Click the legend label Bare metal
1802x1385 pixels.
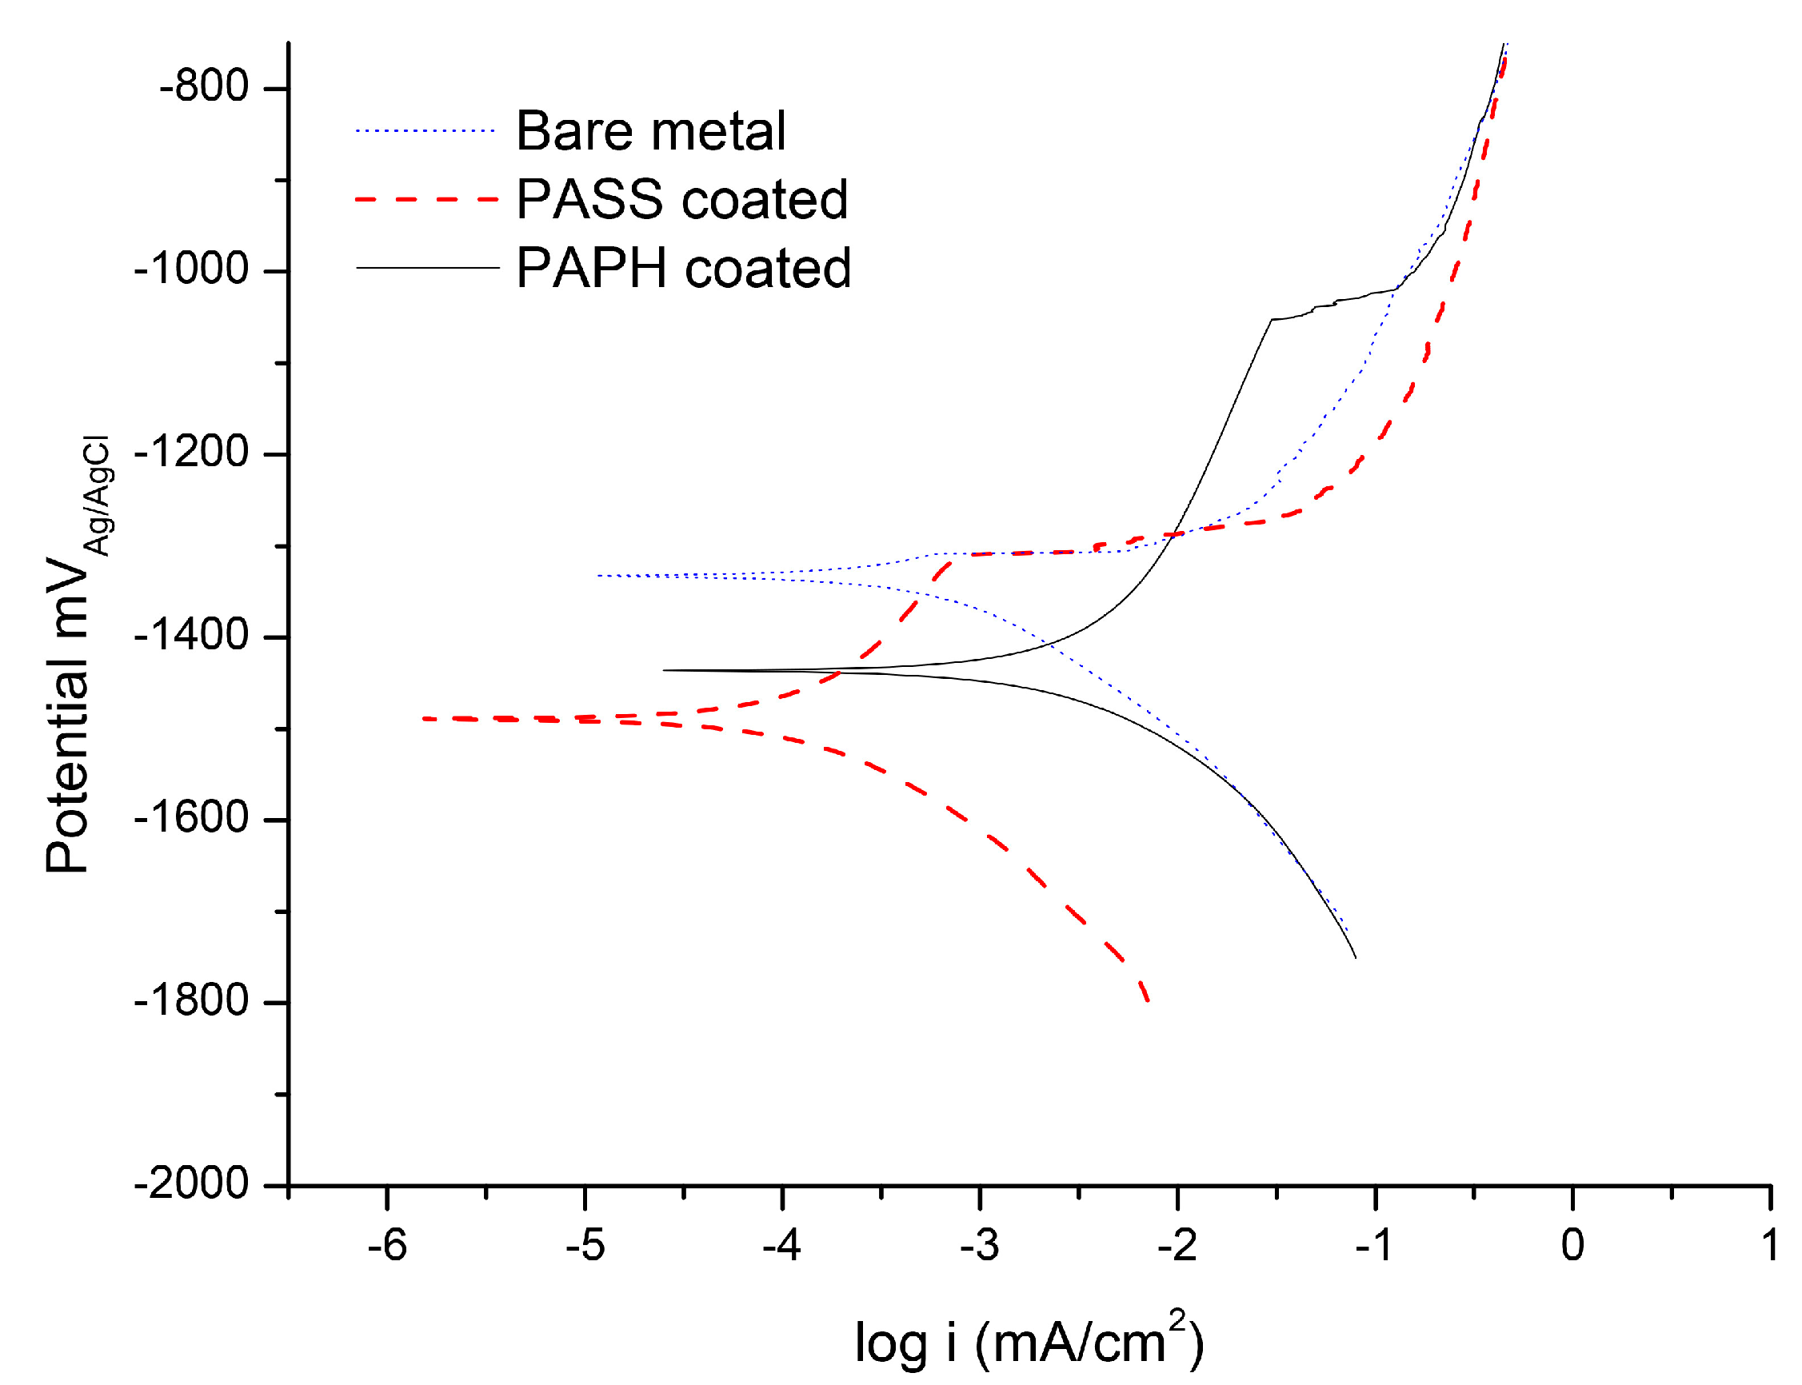pyautogui.click(x=649, y=131)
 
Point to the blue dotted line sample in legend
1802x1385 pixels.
pyautogui.click(x=425, y=131)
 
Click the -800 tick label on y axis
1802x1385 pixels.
pyautogui.click(x=204, y=86)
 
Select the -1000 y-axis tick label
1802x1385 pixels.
pyautogui.click(x=191, y=269)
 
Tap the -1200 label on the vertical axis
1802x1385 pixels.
pyautogui.click(x=191, y=453)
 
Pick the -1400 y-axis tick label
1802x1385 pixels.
pyautogui.click(x=191, y=636)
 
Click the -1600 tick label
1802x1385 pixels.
pyautogui.click(x=191, y=819)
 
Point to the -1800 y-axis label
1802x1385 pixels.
pyautogui.click(x=191, y=1002)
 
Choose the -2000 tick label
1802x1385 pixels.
pyautogui.click(x=191, y=1184)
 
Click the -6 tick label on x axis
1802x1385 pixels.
pyautogui.click(x=386, y=1246)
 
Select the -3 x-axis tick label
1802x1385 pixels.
pyautogui.click(x=978, y=1246)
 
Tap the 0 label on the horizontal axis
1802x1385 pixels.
pyautogui.click(x=1572, y=1246)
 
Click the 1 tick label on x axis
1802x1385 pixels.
pyautogui.click(x=1770, y=1246)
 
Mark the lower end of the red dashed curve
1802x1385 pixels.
pyautogui.click(x=1148, y=1000)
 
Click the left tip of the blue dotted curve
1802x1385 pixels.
pyautogui.click(x=598, y=576)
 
